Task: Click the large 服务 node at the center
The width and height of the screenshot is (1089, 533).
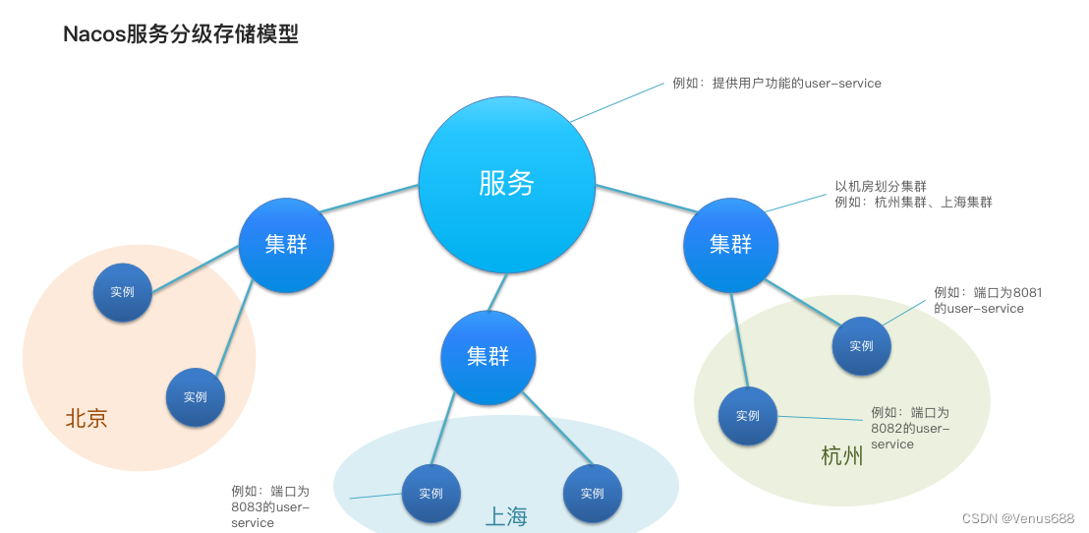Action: point(506,183)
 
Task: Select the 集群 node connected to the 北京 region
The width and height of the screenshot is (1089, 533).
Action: point(286,245)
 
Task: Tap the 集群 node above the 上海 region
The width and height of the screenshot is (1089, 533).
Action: point(488,357)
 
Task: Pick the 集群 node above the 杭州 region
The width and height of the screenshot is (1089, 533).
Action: point(730,245)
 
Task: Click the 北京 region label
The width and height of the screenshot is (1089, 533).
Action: point(86,419)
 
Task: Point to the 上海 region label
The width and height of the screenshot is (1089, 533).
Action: point(507,516)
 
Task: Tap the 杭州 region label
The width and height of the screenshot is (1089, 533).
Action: point(842,456)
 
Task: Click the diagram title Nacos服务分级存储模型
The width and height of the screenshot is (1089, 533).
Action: point(180,34)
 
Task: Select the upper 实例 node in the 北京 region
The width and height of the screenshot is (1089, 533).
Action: point(123,292)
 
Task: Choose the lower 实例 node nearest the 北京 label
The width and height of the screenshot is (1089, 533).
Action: point(196,397)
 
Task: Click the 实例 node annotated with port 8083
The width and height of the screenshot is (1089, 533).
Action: point(430,494)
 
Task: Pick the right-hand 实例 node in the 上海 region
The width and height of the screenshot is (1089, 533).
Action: point(592,494)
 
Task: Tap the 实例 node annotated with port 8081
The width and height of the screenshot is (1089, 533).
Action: point(861,346)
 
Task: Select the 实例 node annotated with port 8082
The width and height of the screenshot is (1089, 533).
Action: point(748,416)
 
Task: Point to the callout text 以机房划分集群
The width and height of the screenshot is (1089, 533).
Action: point(881,186)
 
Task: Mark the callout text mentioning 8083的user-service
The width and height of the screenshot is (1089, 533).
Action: point(270,506)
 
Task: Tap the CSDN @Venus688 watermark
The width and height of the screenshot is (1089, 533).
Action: point(1017,518)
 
